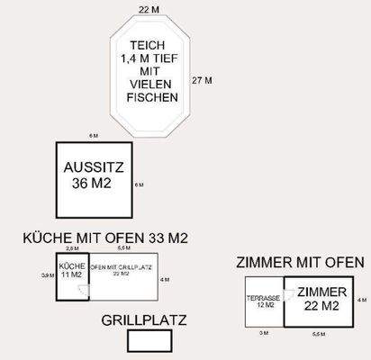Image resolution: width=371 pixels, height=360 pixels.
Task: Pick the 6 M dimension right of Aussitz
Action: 139,184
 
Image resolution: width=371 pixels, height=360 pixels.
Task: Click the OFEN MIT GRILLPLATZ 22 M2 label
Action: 119,270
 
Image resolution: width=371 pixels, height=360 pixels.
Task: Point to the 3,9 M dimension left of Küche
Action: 48,275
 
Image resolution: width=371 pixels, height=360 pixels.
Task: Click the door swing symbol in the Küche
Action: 81,291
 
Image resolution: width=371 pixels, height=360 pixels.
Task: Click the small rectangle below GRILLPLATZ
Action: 149,341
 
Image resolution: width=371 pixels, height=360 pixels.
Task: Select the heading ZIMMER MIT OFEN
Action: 300,263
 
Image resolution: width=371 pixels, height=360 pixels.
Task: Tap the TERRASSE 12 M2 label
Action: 264,301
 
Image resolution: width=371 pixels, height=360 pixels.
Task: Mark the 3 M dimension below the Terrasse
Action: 263,333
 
